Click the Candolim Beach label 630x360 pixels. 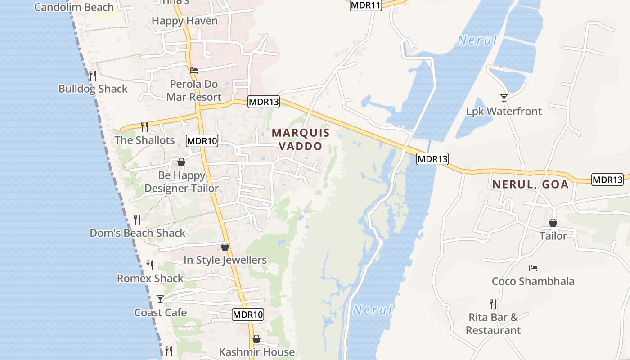(x=74, y=7)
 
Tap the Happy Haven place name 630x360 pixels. (x=184, y=21)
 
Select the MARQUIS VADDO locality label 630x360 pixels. (x=301, y=139)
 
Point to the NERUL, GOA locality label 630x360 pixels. (x=530, y=184)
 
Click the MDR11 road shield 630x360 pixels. (x=365, y=5)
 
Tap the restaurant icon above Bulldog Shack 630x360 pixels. (x=93, y=75)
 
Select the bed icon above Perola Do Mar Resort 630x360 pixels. (x=194, y=70)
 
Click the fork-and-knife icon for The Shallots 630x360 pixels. (x=144, y=126)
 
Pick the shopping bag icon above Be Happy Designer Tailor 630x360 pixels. (x=181, y=162)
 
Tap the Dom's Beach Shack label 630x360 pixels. (x=138, y=233)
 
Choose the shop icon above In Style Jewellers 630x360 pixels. (x=225, y=247)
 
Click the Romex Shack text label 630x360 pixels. (x=150, y=279)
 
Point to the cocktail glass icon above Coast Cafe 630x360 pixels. (x=160, y=299)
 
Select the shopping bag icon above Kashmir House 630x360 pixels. (x=256, y=339)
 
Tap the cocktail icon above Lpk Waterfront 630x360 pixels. (x=504, y=98)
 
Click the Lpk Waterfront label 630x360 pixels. (x=504, y=111)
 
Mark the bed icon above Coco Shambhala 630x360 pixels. (x=533, y=268)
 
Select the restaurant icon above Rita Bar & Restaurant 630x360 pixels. (x=493, y=304)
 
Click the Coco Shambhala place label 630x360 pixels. (x=533, y=282)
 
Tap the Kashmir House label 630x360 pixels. (x=256, y=352)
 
